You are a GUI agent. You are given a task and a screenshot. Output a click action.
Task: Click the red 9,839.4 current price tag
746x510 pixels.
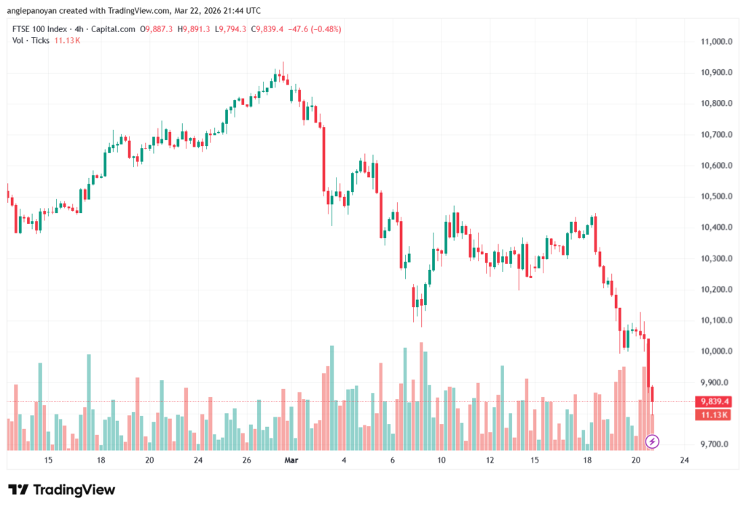click(x=715, y=401)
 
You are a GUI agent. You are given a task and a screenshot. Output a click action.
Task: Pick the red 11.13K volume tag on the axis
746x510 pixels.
click(x=715, y=414)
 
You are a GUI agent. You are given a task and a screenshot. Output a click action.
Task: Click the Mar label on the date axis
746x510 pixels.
click(x=291, y=460)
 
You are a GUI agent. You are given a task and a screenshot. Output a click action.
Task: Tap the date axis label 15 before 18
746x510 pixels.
click(x=49, y=460)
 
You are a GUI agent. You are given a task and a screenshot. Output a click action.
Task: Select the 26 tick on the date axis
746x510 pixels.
click(x=247, y=460)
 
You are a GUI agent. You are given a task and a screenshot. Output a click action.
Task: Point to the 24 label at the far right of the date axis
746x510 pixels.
click(x=684, y=460)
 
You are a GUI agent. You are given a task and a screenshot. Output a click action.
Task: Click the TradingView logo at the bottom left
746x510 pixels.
click(x=61, y=490)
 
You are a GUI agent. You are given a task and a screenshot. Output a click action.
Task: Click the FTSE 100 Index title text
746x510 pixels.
click(x=39, y=29)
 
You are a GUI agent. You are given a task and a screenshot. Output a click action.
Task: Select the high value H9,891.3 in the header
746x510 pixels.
click(x=195, y=29)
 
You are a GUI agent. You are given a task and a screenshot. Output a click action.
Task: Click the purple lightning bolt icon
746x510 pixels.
click(x=653, y=441)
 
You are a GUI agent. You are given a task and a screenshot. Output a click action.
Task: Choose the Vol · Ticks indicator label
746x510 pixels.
click(x=31, y=40)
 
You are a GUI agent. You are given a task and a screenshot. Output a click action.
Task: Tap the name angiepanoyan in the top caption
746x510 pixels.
click(x=36, y=10)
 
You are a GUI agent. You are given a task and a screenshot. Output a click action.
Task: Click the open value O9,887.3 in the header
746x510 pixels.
click(x=156, y=29)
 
